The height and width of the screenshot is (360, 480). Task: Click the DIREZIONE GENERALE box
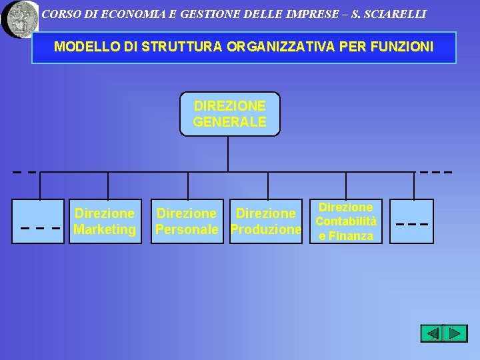click(x=230, y=114)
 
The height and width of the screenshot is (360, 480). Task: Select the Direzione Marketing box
click(x=105, y=221)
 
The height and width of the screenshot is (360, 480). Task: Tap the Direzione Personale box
click(x=187, y=221)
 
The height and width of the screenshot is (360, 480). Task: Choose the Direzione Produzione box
click(x=265, y=221)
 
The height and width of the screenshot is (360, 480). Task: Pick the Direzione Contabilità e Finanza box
click(x=345, y=221)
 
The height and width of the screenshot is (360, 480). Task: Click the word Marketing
click(x=105, y=230)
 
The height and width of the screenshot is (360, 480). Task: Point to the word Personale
click(x=187, y=230)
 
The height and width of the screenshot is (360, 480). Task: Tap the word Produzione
click(x=265, y=230)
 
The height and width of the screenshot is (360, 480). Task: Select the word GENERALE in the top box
click(x=230, y=122)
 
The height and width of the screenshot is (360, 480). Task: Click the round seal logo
click(x=20, y=18)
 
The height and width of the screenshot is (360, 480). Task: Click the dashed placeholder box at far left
click(x=39, y=221)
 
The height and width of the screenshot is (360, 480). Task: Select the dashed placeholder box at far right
click(x=411, y=221)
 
